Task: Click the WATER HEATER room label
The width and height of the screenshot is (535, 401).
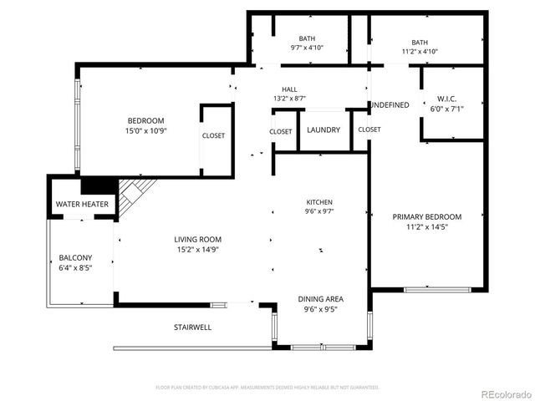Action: click(81, 205)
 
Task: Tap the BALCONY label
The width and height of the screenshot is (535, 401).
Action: click(75, 257)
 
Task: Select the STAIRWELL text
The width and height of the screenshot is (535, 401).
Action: click(192, 327)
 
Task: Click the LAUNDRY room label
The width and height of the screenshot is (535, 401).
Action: click(323, 130)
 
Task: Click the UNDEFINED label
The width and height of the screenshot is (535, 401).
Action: click(390, 105)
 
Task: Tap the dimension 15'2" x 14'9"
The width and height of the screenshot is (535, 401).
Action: click(198, 249)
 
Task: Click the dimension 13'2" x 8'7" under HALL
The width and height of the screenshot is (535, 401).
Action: click(289, 99)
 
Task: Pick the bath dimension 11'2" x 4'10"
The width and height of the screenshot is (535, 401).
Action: click(419, 51)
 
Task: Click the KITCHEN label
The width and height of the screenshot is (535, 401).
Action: click(319, 202)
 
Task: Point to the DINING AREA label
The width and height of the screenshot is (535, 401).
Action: click(321, 298)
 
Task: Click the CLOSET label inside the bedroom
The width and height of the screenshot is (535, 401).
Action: click(213, 135)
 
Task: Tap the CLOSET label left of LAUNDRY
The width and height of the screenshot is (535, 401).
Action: click(281, 131)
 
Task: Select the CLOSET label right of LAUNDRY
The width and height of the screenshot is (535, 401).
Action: click(369, 129)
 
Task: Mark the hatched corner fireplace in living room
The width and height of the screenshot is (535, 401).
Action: click(132, 195)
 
